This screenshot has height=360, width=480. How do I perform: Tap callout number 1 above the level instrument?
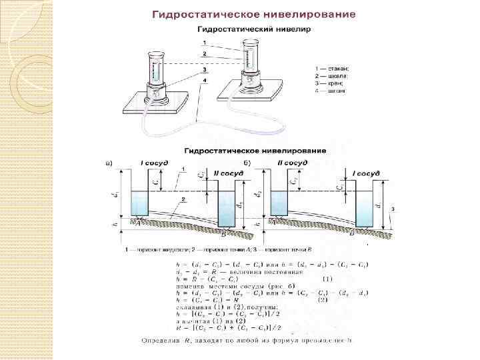(205, 43)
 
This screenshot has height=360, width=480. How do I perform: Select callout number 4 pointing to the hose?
(205, 80)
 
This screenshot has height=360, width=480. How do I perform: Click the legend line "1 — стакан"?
(331, 68)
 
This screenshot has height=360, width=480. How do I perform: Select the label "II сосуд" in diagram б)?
(292, 163)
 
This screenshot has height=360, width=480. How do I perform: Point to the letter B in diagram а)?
(224, 233)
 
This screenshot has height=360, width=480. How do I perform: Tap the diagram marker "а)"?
(109, 163)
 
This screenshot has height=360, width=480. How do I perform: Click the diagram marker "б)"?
(247, 163)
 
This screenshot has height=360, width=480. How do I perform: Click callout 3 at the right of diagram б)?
(393, 209)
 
